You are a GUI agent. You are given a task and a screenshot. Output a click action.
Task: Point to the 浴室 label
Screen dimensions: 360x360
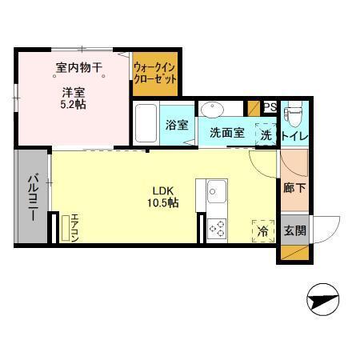176,126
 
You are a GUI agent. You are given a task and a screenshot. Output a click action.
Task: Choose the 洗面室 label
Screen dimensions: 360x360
226,134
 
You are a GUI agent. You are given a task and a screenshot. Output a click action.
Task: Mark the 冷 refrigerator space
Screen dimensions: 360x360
262,231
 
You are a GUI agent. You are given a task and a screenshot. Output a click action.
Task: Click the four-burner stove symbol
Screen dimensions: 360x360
217,230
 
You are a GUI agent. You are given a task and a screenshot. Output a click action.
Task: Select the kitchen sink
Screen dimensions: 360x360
217,192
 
